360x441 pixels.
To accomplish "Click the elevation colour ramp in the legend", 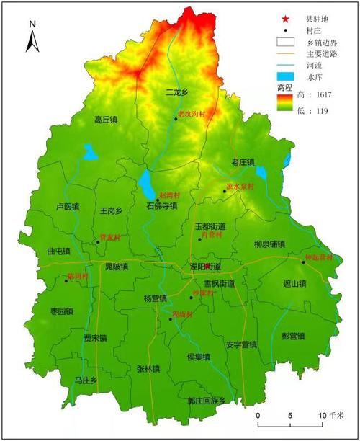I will click(x=287, y=104).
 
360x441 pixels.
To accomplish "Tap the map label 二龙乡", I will click(x=176, y=92).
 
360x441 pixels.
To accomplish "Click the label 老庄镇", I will click(x=243, y=162).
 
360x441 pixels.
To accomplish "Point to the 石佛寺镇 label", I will click(x=161, y=206).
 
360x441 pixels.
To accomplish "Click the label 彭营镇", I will click(x=293, y=336).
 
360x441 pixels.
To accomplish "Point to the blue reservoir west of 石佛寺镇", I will click(x=147, y=186).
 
